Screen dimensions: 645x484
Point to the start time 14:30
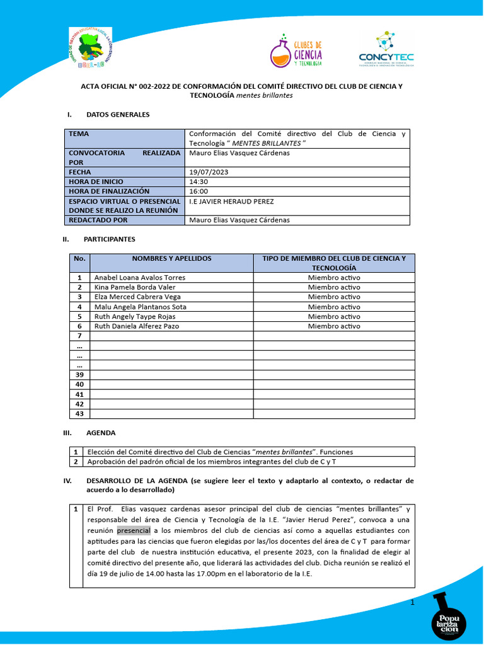point(199,181)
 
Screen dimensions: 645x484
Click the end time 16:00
point(199,191)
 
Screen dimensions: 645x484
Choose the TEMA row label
point(79,134)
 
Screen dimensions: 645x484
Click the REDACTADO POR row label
point(98,220)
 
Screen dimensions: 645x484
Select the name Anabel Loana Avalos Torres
point(139,277)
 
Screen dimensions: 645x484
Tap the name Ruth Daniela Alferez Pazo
point(136,326)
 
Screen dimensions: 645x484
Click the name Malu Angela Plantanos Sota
point(140,307)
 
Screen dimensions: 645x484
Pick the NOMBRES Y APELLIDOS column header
point(171,259)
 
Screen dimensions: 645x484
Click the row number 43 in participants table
point(79,414)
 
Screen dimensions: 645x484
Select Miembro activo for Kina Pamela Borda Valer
point(334,287)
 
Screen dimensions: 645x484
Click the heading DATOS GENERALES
point(118,115)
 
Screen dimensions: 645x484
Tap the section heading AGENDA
point(101,433)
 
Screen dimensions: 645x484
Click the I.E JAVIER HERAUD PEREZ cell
point(231,202)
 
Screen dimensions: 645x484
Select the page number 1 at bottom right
point(412,603)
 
